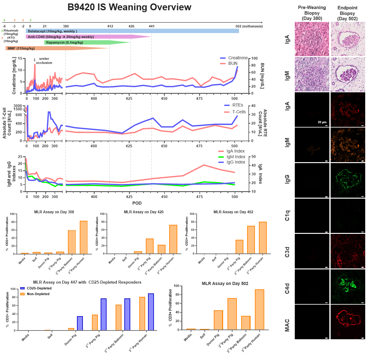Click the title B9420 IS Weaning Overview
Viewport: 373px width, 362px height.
pyautogui.click(x=129, y=7)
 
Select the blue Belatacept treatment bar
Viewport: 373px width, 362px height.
pyautogui.click(x=132, y=31)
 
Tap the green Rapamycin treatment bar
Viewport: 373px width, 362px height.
pyautogui.click(x=84, y=42)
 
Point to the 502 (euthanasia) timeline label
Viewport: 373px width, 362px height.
pyautogui.click(x=249, y=26)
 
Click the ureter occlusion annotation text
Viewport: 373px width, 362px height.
pyautogui.click(x=44, y=61)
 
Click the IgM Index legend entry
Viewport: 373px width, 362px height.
pyautogui.click(x=236, y=157)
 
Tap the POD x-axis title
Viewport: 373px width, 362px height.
pyautogui.click(x=137, y=203)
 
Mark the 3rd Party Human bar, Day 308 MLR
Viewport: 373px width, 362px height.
pyautogui.click(x=84, y=237)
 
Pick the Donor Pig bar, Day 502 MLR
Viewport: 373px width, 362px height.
pyautogui.click(x=218, y=320)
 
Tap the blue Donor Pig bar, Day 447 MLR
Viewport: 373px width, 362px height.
pyautogui.click(x=80, y=323)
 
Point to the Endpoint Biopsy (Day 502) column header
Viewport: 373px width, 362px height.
pyautogui.click(x=347, y=13)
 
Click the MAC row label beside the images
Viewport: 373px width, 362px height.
pyautogui.click(x=287, y=325)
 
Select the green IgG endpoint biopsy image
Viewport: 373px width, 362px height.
pyautogui.click(x=348, y=181)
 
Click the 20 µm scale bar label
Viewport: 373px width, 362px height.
pyautogui.click(x=322, y=122)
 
